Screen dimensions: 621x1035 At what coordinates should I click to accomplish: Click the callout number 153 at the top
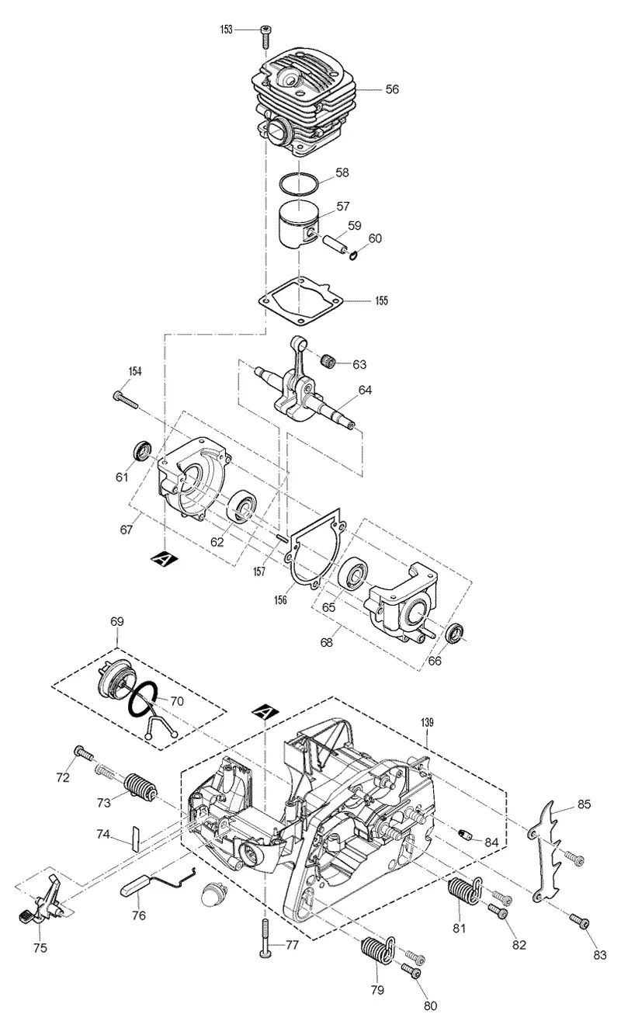[x=227, y=30]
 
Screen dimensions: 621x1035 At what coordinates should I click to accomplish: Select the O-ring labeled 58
[x=300, y=184]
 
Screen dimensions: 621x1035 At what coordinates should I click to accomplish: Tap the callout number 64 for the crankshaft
[x=365, y=390]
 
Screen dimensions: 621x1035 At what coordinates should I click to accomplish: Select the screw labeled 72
[x=83, y=753]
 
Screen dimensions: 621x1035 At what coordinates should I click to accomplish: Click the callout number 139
[x=427, y=722]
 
